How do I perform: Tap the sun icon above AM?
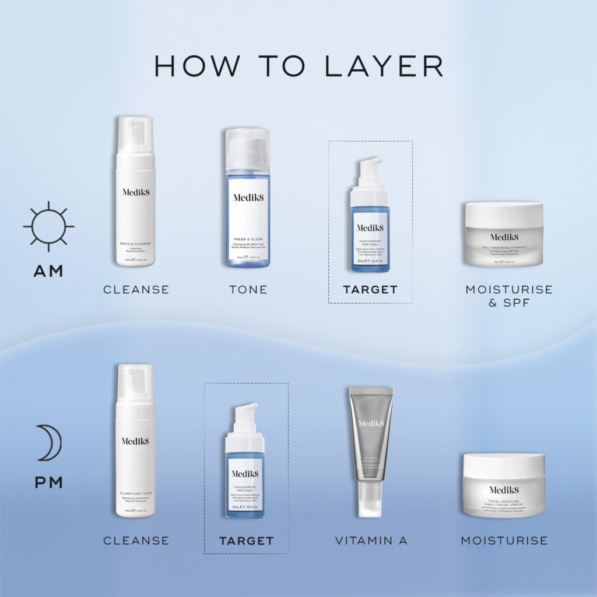coord(48,226)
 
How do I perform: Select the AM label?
coord(48,271)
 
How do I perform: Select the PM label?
coord(48,483)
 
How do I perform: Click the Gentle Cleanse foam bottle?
coord(135,192)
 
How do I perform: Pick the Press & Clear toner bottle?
coord(248,198)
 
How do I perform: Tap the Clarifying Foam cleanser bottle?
coord(135,441)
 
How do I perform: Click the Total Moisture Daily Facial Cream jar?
coord(504,485)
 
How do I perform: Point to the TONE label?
coord(248,289)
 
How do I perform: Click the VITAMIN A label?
coord(371,541)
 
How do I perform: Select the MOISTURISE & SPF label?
coord(508,296)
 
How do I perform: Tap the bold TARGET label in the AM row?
coord(370,289)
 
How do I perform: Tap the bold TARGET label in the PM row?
coord(246,541)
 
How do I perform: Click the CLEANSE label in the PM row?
coord(136,541)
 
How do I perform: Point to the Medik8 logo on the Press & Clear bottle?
coord(248,197)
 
